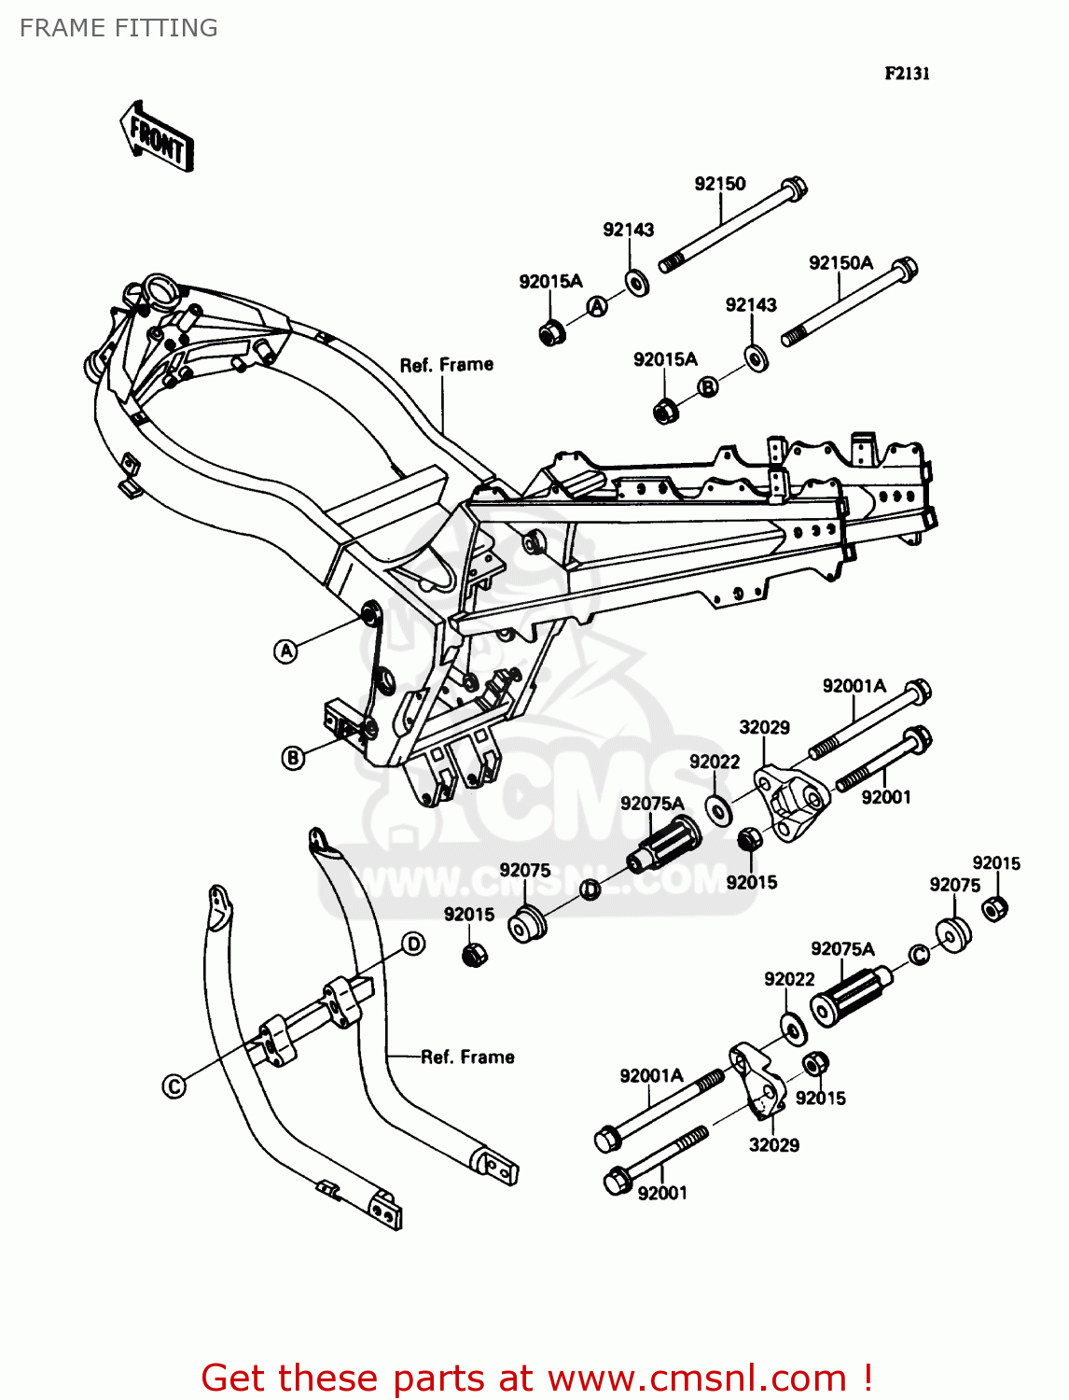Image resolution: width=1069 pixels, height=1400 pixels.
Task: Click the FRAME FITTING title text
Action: (x=118, y=28)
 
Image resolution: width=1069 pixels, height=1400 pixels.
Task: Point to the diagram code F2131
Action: (x=907, y=74)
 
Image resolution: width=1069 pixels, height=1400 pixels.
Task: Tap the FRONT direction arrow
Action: (x=157, y=138)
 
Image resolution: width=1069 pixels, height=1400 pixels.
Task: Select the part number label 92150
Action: (x=719, y=184)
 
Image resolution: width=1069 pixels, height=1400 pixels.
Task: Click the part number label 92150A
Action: (x=840, y=262)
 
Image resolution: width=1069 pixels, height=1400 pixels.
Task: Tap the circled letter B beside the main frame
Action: (x=293, y=758)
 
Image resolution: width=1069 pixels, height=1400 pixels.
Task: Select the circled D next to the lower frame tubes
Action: (x=413, y=944)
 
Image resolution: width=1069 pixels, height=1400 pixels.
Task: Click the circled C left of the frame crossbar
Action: (x=174, y=1085)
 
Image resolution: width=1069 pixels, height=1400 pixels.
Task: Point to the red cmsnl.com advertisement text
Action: (x=536, y=1378)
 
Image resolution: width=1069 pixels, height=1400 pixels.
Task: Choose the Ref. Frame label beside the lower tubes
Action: (x=467, y=1057)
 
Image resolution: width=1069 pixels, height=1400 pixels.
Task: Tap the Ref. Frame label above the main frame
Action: (x=446, y=365)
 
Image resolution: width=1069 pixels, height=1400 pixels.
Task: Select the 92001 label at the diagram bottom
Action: (x=662, y=1193)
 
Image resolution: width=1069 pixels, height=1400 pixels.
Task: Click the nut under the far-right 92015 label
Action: (x=995, y=906)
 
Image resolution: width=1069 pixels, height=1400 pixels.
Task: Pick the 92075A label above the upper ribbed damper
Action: (x=652, y=804)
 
